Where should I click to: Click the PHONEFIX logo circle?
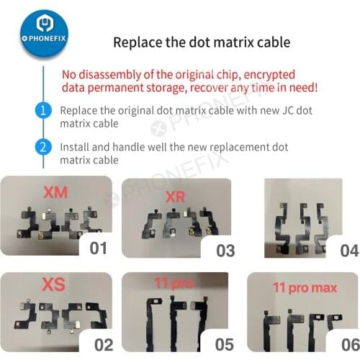(33, 33)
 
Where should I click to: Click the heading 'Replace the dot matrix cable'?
(201, 42)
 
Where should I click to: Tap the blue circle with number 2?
(42, 148)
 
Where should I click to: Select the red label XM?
(58, 193)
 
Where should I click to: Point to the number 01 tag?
(99, 249)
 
